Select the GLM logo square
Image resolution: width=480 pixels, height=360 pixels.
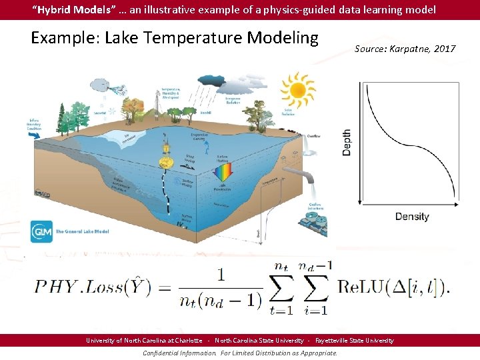[x=41, y=231]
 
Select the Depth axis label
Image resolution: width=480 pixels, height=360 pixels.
[x=346, y=143]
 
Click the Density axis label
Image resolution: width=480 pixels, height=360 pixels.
[x=412, y=217]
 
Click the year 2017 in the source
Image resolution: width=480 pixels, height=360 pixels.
[x=443, y=49]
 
